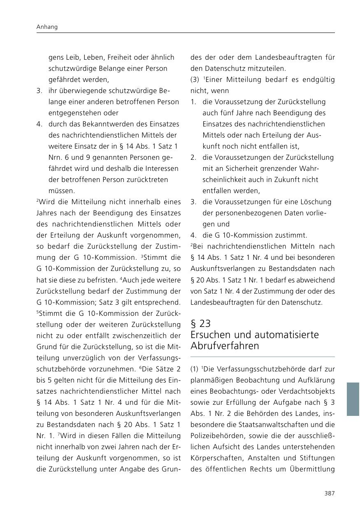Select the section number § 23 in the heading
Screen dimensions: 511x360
pos(201,324)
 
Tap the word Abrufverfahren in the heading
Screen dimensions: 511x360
pos(225,346)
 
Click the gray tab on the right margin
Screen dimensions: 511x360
pos(353,399)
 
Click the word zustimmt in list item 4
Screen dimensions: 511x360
pos(293,235)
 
